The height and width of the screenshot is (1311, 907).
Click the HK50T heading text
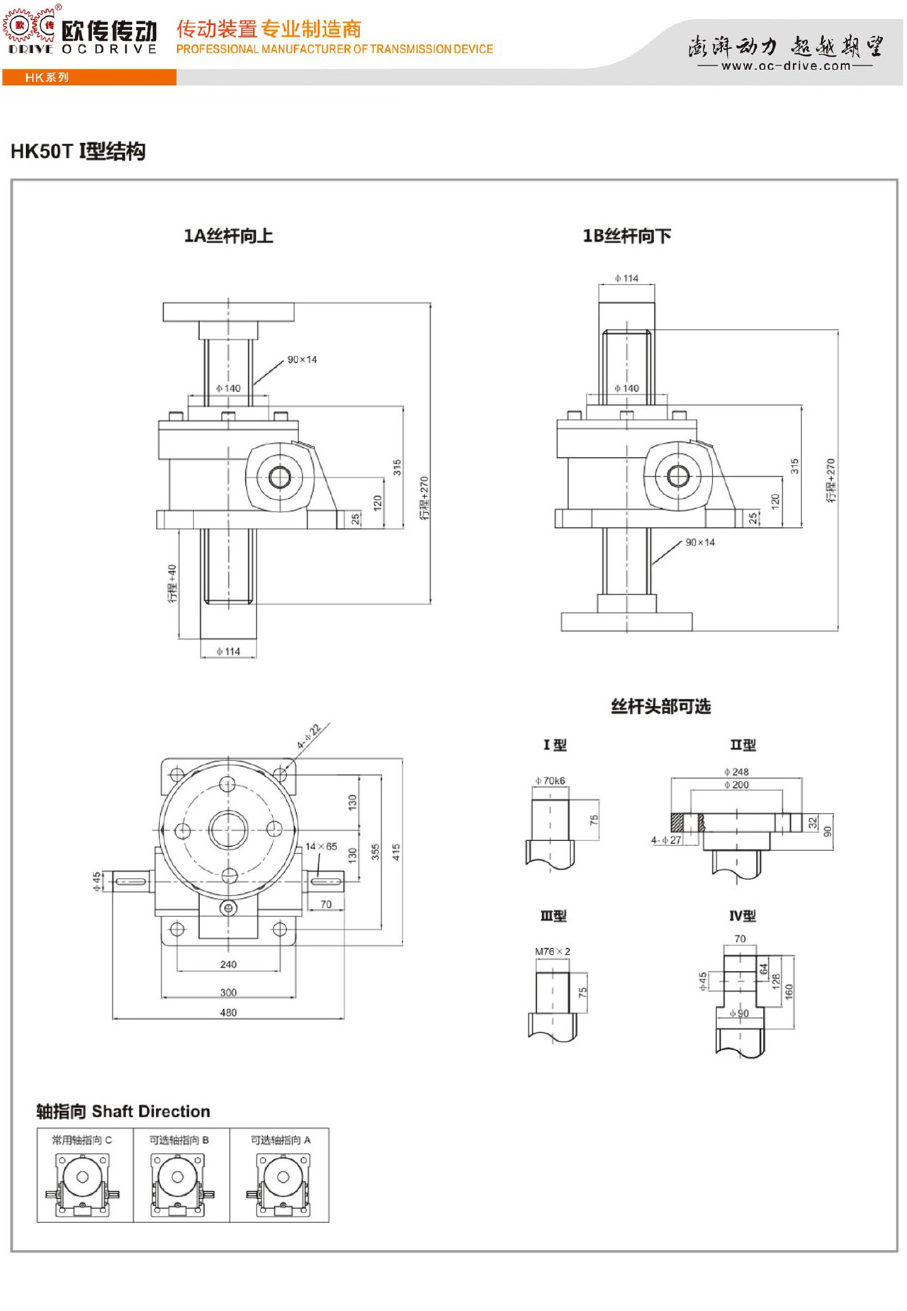coord(78,152)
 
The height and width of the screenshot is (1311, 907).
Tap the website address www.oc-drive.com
coord(785,66)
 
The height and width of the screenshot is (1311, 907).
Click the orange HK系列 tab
coord(47,77)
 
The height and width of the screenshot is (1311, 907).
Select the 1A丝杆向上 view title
coord(228,236)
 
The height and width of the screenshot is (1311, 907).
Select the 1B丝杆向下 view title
coord(626,236)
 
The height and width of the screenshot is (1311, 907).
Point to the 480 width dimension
coord(228,1013)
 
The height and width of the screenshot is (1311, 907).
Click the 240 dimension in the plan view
coord(228,964)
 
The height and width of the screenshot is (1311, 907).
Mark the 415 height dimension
coord(395,852)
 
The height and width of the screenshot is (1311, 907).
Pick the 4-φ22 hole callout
coord(309,736)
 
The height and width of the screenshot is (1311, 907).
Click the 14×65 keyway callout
coord(321,846)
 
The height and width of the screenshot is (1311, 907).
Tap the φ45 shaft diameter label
coord(97,881)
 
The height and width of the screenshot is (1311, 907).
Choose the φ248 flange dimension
coord(736,772)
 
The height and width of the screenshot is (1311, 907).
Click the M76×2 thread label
coord(553,952)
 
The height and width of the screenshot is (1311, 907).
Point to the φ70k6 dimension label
coord(551,781)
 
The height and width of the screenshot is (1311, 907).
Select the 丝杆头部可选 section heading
coord(660,707)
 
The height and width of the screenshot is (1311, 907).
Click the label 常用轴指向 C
coord(82,1140)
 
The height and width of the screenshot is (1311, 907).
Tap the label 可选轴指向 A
coord(281,1140)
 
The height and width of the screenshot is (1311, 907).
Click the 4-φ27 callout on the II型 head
coord(666,840)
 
